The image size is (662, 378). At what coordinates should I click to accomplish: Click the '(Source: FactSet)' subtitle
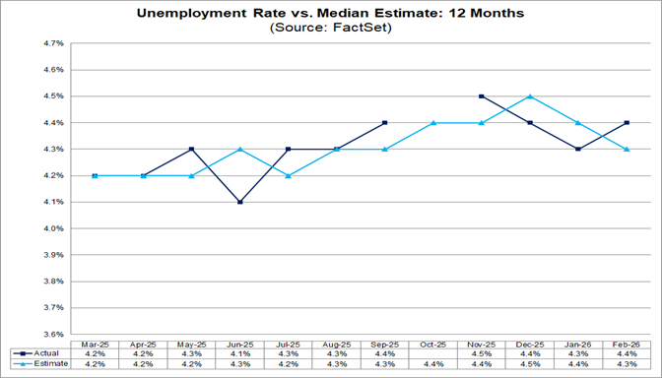[330, 29]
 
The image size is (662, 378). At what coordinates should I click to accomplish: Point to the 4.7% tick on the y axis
[52, 44]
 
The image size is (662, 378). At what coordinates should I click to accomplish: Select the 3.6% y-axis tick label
[52, 334]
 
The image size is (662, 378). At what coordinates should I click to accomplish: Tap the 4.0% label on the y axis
[52, 228]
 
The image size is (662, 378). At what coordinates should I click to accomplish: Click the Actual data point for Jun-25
[239, 202]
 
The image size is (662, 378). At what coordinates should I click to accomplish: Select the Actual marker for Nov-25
[481, 96]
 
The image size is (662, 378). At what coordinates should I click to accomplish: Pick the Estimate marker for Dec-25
[529, 96]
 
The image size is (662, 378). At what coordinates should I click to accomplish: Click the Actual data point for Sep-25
[384, 123]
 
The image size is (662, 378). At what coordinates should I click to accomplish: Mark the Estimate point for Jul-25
[288, 175]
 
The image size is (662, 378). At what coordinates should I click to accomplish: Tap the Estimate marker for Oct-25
[432, 123]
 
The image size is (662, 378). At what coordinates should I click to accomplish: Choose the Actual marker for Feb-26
[626, 123]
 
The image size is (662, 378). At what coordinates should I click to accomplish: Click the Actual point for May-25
[191, 149]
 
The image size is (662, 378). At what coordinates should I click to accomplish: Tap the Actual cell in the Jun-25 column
[239, 351]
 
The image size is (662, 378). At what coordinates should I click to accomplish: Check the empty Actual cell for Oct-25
[432, 351]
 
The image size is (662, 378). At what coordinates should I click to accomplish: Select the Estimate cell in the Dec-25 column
[529, 363]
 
